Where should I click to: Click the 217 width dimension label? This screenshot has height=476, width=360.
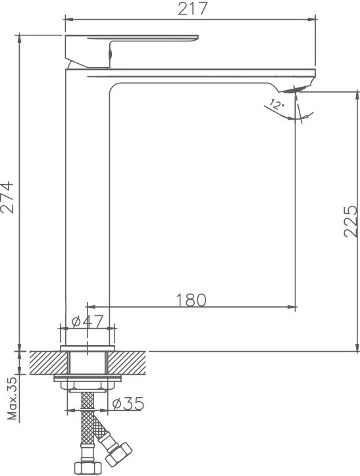192,9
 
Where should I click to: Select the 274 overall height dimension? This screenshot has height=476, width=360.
7,197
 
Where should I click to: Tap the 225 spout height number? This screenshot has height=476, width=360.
351,222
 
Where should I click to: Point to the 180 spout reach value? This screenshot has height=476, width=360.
191,300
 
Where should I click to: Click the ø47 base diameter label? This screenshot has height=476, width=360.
88,321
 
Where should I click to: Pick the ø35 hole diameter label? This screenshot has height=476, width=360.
128,404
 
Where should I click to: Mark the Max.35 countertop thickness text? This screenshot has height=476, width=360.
13,398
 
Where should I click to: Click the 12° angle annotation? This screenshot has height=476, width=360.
277,105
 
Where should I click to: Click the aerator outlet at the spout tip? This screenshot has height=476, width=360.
294,89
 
